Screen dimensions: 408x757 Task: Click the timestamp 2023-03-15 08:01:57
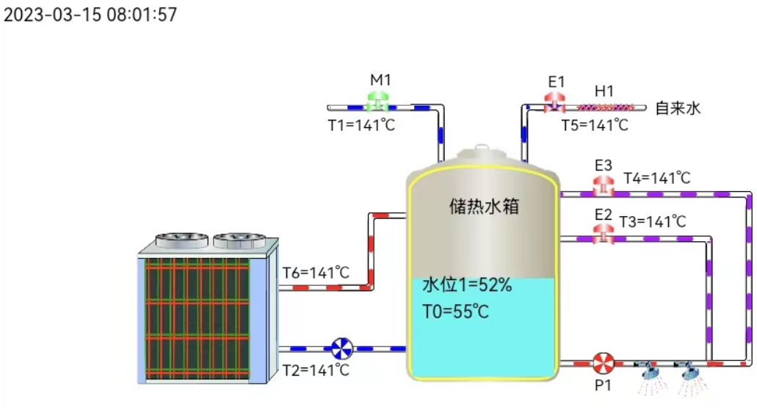[x=90, y=15]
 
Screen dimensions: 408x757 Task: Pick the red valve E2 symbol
[x=604, y=233]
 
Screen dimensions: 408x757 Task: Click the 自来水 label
[x=678, y=109]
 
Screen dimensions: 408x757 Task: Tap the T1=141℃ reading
[x=361, y=125]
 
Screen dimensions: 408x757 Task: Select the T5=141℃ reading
[x=595, y=125]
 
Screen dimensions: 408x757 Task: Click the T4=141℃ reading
[x=657, y=178]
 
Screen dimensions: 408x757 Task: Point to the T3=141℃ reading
[x=653, y=221]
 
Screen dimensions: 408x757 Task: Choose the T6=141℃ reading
[x=316, y=273]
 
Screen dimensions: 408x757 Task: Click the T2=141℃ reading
[x=316, y=369]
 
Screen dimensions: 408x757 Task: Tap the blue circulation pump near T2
[x=341, y=348]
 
